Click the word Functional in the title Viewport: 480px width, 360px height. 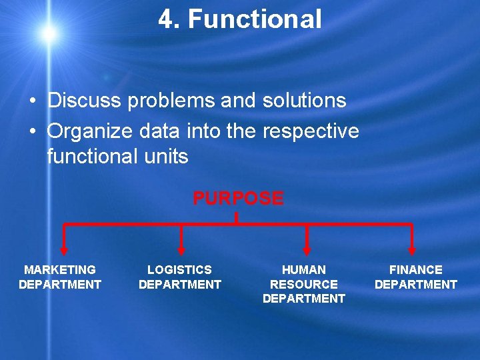click(x=255, y=19)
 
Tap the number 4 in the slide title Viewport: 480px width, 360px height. click(x=165, y=19)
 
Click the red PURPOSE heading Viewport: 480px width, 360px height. click(x=238, y=199)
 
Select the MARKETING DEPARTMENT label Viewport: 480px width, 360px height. click(x=60, y=277)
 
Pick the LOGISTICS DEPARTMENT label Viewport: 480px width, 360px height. click(x=179, y=277)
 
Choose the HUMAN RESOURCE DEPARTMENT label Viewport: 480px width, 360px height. click(x=304, y=284)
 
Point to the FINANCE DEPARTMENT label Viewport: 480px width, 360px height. click(x=416, y=277)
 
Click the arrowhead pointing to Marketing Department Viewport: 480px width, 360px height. click(x=64, y=250)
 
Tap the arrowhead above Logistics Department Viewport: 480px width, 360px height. click(x=181, y=250)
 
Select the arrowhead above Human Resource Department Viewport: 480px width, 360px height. click(x=307, y=250)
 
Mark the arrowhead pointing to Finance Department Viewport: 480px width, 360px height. click(x=412, y=250)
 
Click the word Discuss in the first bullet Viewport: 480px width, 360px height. click(x=85, y=101)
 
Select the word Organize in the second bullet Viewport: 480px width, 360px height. click(x=87, y=131)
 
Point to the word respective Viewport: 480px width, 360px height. click(x=311, y=131)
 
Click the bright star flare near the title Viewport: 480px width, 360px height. click(x=48, y=32)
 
